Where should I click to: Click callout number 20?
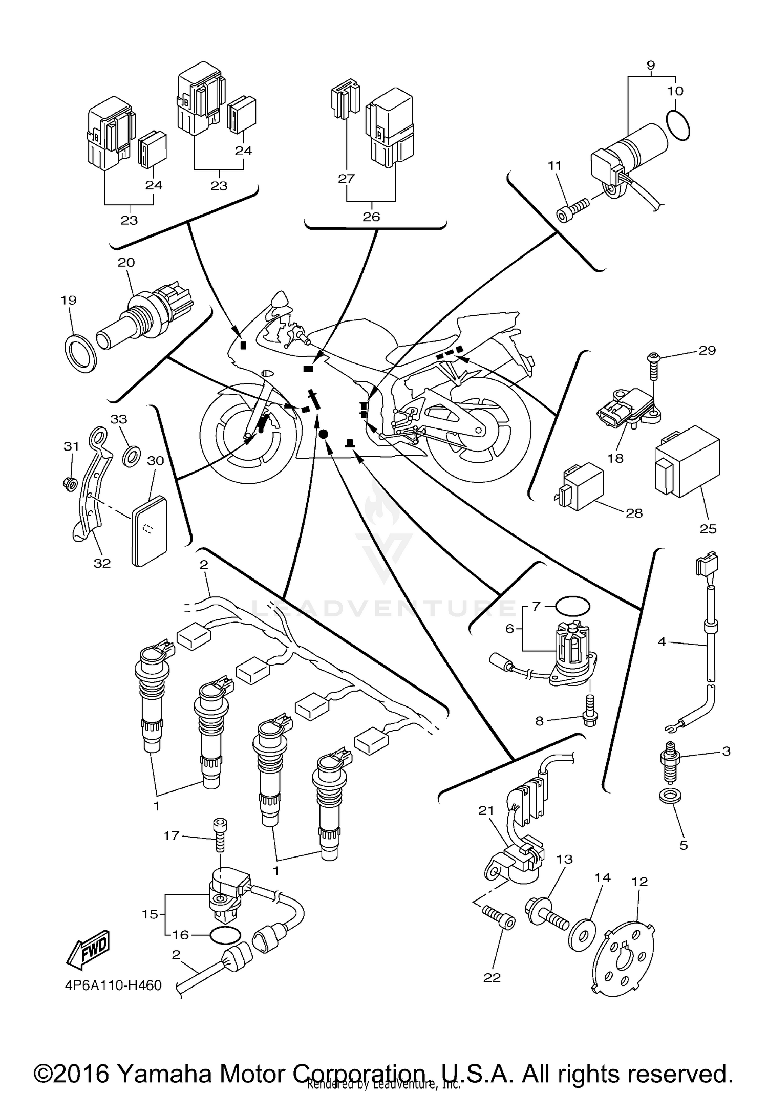click(126, 262)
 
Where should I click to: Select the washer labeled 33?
click(132, 455)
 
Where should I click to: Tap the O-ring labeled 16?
click(224, 935)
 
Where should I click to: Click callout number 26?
click(371, 217)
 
